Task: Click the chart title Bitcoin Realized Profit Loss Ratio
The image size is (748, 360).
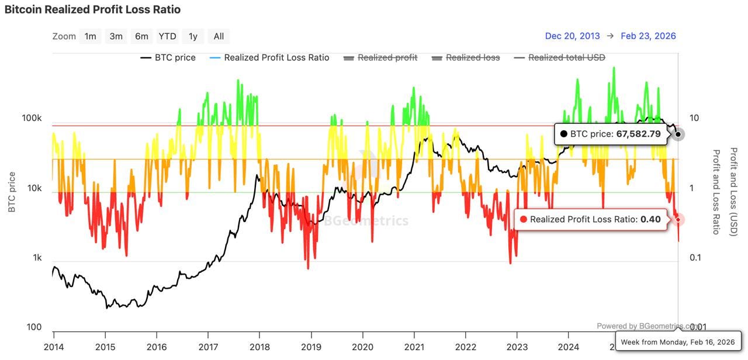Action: tap(92, 10)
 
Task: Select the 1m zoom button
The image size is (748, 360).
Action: tap(90, 36)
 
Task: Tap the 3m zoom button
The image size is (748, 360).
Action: tap(116, 36)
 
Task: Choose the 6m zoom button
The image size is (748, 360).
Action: tap(141, 36)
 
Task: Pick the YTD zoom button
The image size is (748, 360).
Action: tap(167, 36)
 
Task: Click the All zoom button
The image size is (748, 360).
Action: tap(219, 36)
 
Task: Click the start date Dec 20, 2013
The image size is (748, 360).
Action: tap(572, 36)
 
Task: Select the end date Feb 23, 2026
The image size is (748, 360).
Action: tap(648, 36)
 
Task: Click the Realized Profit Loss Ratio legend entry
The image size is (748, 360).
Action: tap(276, 58)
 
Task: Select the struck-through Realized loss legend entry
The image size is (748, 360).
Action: tap(472, 58)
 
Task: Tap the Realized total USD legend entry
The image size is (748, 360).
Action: tap(566, 58)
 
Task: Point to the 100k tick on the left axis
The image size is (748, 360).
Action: tap(32, 118)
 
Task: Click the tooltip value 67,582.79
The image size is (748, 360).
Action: tap(638, 134)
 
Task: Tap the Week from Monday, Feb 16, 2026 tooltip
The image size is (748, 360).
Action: tap(677, 342)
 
